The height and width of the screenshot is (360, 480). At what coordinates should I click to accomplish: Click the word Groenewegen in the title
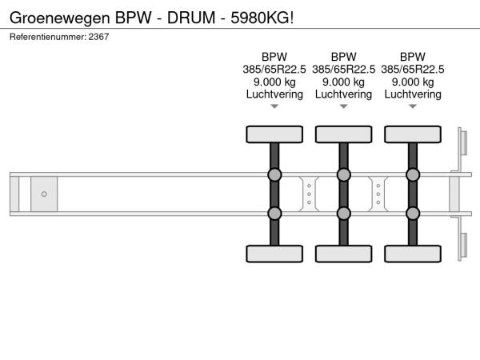60,18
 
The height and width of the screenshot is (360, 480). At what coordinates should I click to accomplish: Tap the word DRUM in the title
191,18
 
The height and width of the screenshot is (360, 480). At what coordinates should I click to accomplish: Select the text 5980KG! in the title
262,18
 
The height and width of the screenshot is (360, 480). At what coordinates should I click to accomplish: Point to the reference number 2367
98,37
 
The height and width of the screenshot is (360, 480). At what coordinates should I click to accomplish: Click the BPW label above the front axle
274,57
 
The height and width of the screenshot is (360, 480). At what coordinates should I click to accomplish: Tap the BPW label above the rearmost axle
413,57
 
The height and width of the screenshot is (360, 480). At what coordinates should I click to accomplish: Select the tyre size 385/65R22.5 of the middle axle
343,70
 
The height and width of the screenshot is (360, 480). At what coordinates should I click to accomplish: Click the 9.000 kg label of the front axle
274,82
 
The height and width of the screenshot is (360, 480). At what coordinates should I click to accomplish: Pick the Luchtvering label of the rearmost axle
413,94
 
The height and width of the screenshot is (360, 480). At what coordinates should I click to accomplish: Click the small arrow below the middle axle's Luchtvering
343,106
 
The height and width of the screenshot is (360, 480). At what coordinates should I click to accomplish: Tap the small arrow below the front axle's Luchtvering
274,106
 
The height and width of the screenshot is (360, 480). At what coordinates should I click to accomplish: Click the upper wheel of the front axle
274,134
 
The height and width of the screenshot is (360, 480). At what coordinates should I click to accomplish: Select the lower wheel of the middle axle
343,254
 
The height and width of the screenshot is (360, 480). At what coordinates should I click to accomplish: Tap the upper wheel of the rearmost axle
413,134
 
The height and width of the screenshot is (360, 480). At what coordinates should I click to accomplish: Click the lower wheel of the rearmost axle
413,254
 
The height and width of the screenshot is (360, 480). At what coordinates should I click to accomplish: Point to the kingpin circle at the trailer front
44,194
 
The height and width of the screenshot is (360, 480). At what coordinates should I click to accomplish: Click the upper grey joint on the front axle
274,174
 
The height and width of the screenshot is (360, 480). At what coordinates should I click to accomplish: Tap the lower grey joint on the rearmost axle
413,214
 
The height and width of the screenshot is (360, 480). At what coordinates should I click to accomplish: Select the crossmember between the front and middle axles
309,194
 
